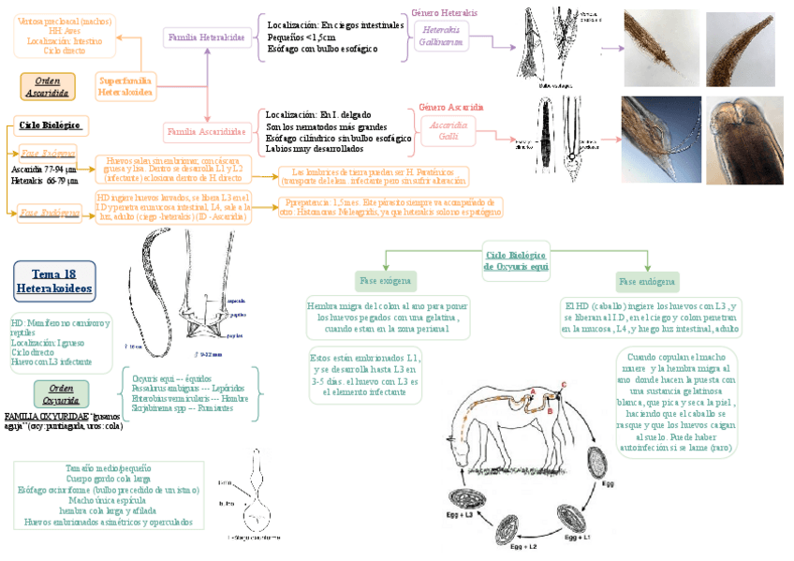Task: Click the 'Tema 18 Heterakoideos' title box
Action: point(54,281)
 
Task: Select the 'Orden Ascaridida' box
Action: point(48,87)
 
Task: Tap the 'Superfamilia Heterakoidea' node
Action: point(125,86)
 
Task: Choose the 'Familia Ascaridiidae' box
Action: point(207,132)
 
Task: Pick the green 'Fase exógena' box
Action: point(386,281)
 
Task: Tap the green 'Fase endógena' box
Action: point(647,282)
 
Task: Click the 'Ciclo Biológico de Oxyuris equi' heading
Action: point(516,260)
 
